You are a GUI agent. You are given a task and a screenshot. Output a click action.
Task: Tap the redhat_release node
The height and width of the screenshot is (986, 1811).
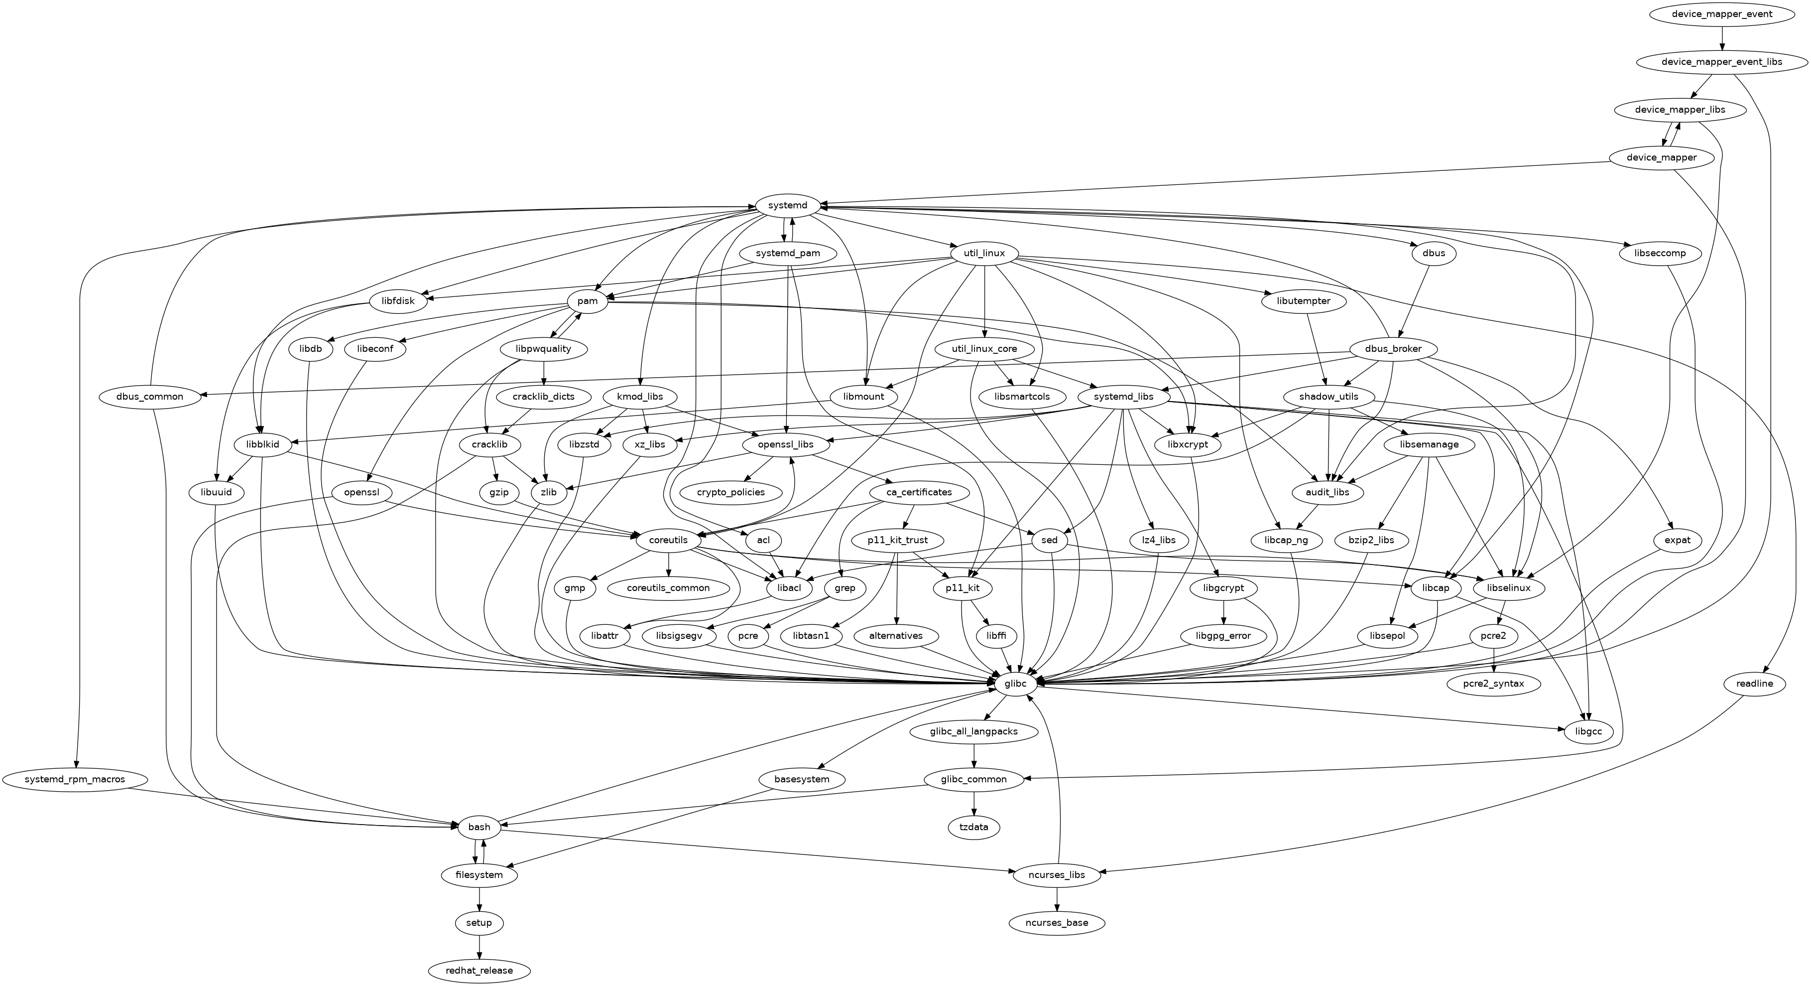pos(479,971)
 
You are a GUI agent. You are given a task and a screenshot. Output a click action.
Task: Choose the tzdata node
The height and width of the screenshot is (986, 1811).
pos(973,827)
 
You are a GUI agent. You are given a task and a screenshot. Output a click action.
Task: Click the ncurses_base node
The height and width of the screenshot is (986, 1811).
pos(1057,923)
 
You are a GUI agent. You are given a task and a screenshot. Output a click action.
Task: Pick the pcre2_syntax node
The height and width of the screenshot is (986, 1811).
pos(1494,684)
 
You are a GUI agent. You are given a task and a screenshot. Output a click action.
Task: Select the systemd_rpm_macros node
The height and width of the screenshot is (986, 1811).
pos(75,779)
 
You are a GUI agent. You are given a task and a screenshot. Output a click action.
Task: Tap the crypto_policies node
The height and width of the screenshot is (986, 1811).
pos(731,492)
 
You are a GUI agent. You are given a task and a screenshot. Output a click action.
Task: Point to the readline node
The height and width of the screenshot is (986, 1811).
pos(1755,684)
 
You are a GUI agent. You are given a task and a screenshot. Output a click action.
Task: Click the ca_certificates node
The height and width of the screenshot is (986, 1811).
pos(919,492)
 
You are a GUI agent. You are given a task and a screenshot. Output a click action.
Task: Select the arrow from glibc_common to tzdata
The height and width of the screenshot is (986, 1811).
pos(973,803)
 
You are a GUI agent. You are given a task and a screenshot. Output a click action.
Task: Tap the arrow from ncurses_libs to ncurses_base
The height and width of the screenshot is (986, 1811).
pos(1057,899)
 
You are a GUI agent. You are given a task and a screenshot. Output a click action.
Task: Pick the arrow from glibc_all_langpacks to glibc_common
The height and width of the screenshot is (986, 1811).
pos(973,755)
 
